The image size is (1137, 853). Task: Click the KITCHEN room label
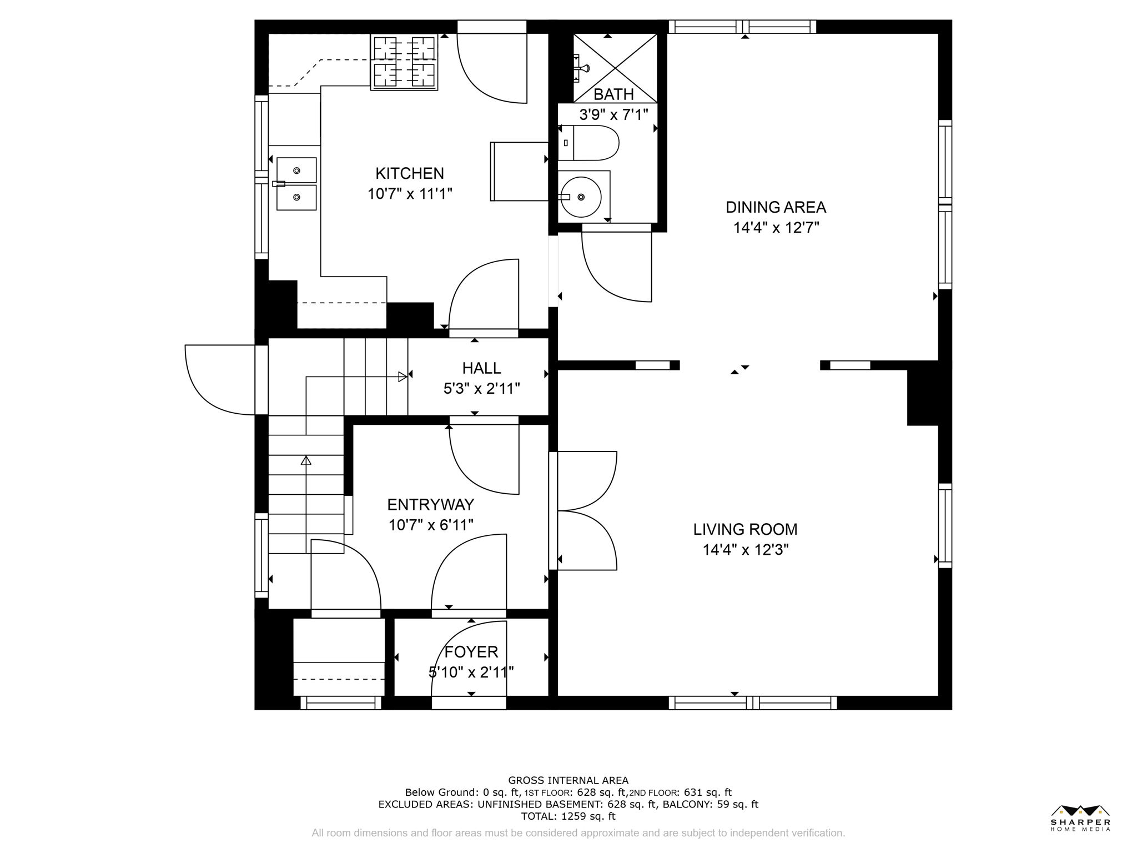point(410,174)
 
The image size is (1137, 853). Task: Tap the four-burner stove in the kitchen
point(404,62)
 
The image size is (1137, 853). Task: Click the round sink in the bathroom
point(581,197)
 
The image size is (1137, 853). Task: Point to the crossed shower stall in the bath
point(615,67)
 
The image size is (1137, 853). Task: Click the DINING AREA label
point(776,208)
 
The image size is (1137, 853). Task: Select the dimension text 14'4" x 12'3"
point(745,550)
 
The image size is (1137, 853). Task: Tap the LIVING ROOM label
point(745,529)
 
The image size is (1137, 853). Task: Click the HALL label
point(481,368)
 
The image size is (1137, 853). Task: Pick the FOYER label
point(471,652)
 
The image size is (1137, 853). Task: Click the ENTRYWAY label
point(430,505)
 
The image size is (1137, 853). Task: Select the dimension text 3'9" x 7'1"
point(613,115)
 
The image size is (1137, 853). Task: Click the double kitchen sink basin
point(296,184)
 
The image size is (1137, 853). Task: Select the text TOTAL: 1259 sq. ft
point(568,816)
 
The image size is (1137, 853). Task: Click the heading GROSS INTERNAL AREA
point(568,780)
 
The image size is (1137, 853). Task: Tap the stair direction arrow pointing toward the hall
point(403,377)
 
